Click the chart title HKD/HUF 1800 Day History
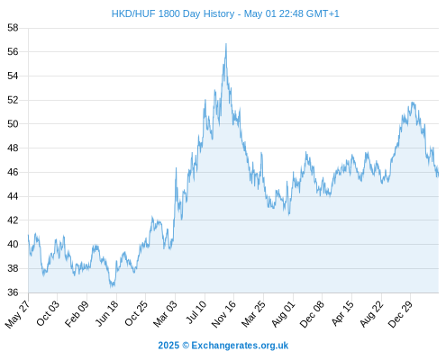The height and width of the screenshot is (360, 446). click(x=173, y=13)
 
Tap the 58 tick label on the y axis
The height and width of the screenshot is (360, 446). click(x=13, y=28)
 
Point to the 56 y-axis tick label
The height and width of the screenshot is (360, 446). click(x=13, y=52)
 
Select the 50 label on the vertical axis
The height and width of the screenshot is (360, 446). click(x=13, y=124)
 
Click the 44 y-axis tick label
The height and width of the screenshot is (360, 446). click(x=13, y=196)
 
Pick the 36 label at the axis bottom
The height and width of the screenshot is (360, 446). click(x=13, y=292)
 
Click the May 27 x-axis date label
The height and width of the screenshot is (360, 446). click(x=18, y=314)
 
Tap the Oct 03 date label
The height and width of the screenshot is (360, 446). click(x=48, y=313)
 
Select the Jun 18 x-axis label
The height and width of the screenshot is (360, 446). click(x=107, y=313)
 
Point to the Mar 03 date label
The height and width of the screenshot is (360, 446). click(x=166, y=313)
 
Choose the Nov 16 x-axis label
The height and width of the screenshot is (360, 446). click(x=223, y=314)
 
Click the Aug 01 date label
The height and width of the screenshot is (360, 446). click(x=283, y=313)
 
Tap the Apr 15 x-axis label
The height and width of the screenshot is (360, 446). click(x=342, y=313)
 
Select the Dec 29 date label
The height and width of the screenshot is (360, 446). click(x=401, y=314)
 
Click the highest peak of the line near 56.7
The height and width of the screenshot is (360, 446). click(x=226, y=44)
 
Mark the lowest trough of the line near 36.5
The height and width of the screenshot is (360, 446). click(x=112, y=286)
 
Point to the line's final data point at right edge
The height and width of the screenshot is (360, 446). click(x=438, y=175)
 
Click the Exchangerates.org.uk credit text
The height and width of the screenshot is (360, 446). click(x=240, y=346)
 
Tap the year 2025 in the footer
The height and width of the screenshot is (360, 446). click(x=168, y=346)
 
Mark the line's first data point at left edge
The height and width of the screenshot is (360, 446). click(x=29, y=235)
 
